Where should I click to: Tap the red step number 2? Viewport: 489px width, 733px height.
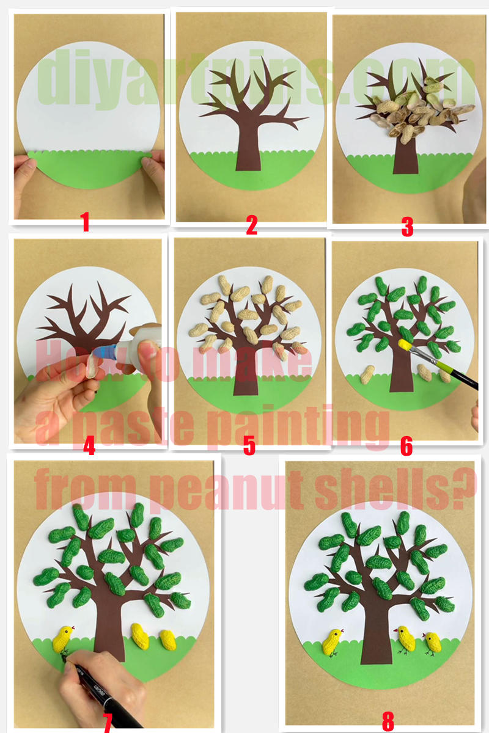(251, 225)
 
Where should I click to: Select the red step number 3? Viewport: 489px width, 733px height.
(408, 227)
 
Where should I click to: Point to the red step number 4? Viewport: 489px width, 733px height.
(89, 447)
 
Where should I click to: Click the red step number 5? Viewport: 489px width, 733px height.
(249, 445)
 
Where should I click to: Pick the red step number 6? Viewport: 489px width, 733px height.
(406, 447)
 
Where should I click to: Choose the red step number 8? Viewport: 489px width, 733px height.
(388, 721)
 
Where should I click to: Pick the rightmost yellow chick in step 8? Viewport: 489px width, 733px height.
(433, 643)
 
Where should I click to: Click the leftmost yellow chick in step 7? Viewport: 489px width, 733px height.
(62, 639)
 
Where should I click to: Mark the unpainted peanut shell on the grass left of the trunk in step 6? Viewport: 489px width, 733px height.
(367, 374)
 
